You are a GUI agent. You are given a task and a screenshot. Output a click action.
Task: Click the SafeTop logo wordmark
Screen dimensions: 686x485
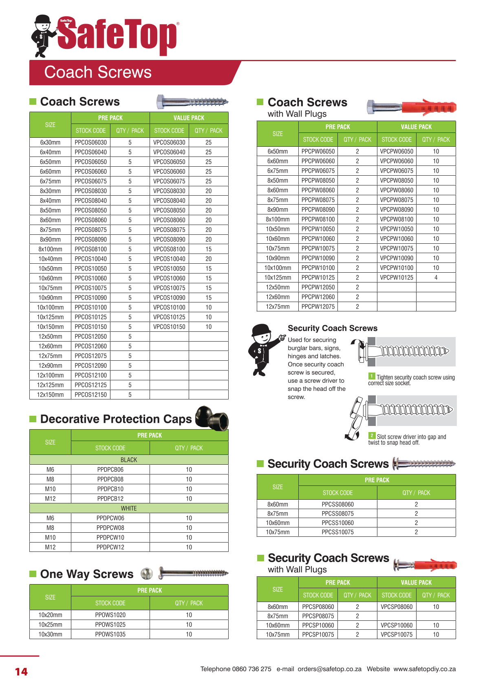(x=117, y=37)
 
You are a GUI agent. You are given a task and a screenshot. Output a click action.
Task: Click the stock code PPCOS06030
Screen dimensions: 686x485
(x=90, y=143)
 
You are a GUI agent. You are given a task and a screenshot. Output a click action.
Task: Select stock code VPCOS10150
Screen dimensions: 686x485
(x=169, y=327)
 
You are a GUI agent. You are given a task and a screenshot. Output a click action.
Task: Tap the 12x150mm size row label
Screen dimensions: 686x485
(x=51, y=395)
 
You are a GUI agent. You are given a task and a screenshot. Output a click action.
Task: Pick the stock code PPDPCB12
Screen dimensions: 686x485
(x=110, y=499)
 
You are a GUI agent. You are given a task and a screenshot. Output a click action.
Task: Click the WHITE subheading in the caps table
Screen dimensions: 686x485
(x=129, y=508)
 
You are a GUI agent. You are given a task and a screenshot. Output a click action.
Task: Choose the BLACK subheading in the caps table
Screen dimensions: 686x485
(x=129, y=460)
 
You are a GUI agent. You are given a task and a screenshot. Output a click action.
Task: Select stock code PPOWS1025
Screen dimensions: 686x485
(x=110, y=624)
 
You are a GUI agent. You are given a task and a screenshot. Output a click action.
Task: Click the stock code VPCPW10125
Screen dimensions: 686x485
(x=397, y=278)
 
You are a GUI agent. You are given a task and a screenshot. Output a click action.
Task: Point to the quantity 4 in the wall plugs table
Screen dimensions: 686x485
(x=436, y=278)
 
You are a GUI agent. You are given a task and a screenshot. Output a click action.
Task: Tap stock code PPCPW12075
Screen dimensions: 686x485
(x=318, y=307)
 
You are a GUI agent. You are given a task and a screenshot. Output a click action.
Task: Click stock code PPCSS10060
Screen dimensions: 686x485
(x=337, y=523)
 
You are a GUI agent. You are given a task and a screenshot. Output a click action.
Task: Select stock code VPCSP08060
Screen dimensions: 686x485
(x=397, y=607)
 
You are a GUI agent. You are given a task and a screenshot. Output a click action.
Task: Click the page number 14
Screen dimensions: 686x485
(x=21, y=672)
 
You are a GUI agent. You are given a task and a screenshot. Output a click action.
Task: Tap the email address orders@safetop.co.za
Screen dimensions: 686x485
(x=329, y=669)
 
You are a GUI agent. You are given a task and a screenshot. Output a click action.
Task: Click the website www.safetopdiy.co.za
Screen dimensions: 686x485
(x=424, y=669)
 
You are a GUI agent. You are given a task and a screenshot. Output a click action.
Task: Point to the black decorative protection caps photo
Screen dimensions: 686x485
(x=212, y=417)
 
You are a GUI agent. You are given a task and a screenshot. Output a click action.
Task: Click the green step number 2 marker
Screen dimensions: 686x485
(x=372, y=436)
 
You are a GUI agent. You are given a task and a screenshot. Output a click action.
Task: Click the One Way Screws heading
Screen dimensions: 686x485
(x=87, y=574)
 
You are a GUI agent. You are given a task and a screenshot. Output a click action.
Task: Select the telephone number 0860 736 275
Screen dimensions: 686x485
(x=251, y=669)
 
